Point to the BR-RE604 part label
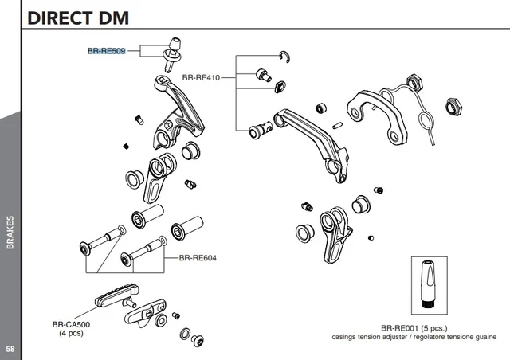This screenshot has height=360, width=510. [x=198, y=258]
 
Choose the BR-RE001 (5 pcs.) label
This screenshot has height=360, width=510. [x=414, y=327]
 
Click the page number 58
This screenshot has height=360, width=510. [x=10, y=350]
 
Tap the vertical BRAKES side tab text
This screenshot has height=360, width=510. [x=10, y=232]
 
